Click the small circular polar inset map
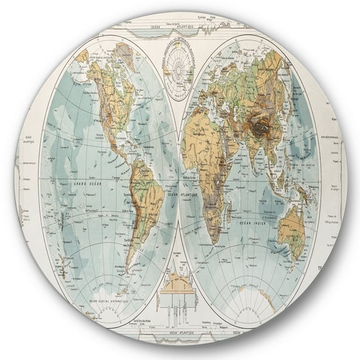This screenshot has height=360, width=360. (x=181, y=61)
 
